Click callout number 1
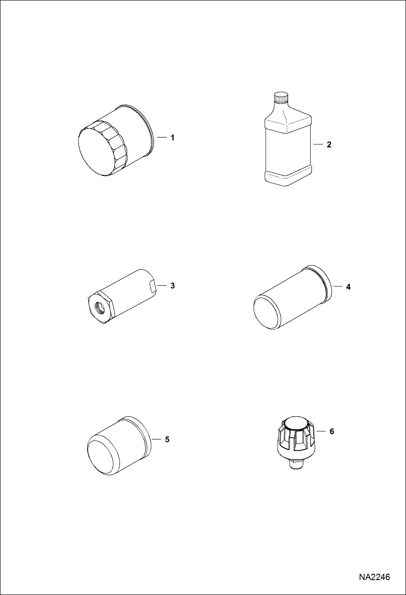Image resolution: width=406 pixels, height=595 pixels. [x=172, y=138]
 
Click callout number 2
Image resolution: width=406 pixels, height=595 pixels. [x=329, y=145]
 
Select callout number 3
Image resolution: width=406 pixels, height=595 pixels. [x=172, y=286]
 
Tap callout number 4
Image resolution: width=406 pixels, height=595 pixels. [x=348, y=287]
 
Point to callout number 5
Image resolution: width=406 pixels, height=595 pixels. [x=167, y=440]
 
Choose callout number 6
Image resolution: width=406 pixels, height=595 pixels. [x=332, y=431]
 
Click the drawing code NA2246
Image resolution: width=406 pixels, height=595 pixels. [x=374, y=577]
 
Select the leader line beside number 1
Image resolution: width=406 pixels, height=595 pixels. [x=162, y=138]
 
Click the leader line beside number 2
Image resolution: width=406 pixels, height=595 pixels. [x=318, y=144]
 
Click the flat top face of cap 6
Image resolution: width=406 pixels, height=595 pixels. [x=296, y=424]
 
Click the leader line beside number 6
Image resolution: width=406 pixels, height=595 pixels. [x=321, y=431]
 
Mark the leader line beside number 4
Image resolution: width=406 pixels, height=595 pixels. [x=338, y=286]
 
